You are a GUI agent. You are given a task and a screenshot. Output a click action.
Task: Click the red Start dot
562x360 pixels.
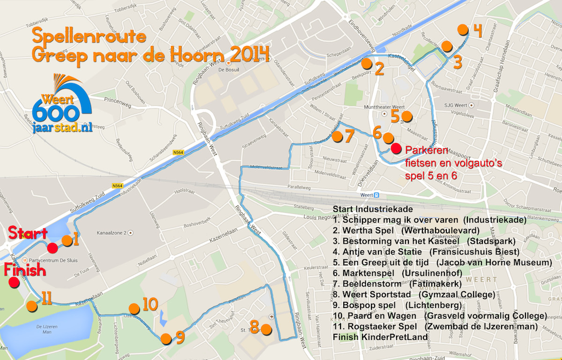coord(52,248)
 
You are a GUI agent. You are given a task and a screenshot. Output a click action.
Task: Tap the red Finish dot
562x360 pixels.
coord(14,282)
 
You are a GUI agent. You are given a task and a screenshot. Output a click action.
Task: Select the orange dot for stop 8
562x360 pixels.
coord(266,329)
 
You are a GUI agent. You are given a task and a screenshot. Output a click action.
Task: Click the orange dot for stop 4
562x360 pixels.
coord(463,30)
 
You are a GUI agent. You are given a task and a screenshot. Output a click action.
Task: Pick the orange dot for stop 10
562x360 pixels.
coord(134,308)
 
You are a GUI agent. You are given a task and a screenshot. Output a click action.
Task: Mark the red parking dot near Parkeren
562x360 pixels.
coord(396,149)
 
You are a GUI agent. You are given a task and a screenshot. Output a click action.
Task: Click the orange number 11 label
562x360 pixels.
coord(46,299)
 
